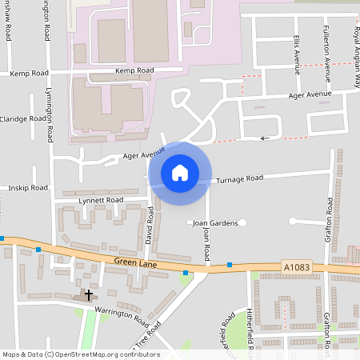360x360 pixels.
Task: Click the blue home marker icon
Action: [x=180, y=172]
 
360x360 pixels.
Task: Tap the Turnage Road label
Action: [x=240, y=178]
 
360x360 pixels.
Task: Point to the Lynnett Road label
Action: [x=102, y=200]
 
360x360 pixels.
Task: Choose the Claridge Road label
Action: [x=24, y=118]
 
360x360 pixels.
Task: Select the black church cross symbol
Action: [x=88, y=295]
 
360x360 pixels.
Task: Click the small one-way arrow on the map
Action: [x=266, y=138]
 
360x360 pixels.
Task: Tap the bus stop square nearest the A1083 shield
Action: [x=230, y=264]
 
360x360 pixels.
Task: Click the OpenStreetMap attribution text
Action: [x=80, y=354]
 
